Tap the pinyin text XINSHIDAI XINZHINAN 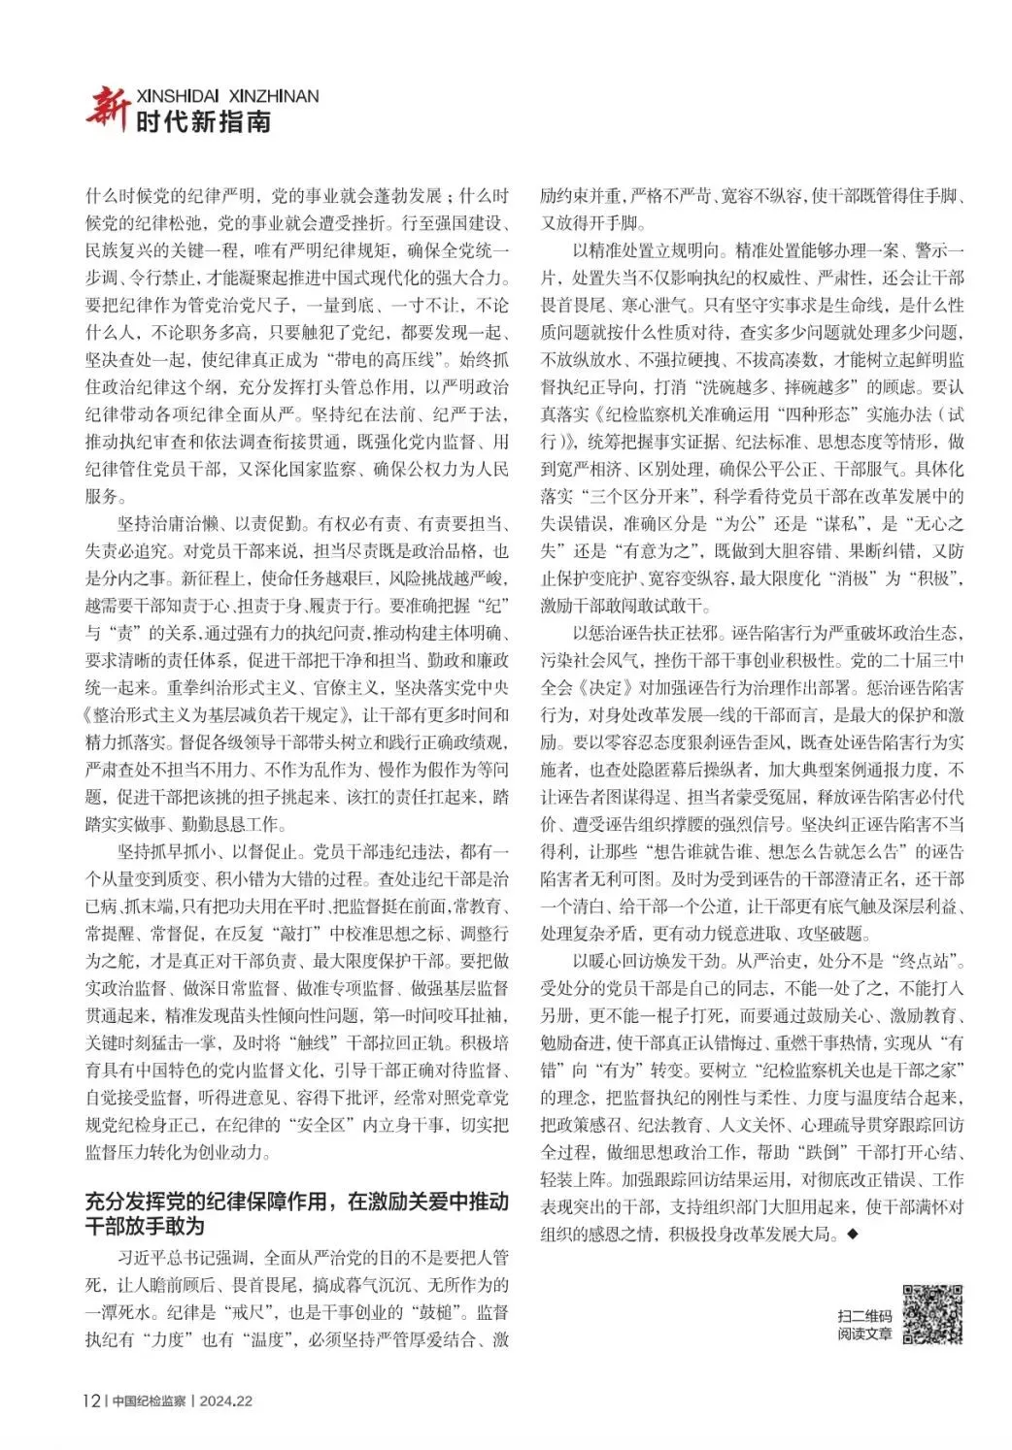coord(227,96)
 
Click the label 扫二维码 coord(863,1315)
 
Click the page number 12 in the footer coord(90,1401)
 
